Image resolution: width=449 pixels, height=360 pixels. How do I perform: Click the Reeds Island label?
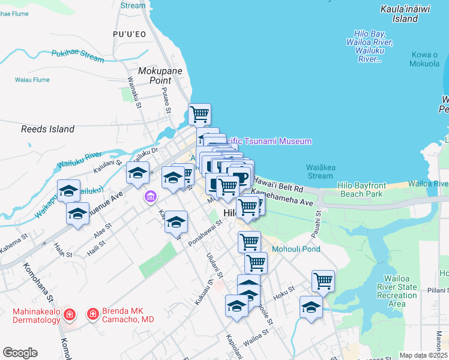pyautogui.click(x=47, y=129)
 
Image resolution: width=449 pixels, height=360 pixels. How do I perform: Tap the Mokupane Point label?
pyautogui.click(x=155, y=75)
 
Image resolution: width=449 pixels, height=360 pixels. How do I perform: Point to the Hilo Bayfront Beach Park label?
pyautogui.click(x=360, y=190)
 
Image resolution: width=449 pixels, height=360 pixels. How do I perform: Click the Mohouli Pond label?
pyautogui.click(x=296, y=249)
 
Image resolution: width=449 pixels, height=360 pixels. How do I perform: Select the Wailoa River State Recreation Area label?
pyautogui.click(x=397, y=291)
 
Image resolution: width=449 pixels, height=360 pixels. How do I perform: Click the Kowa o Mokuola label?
pyautogui.click(x=424, y=59)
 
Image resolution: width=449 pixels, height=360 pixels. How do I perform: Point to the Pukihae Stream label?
pyautogui.click(x=77, y=56)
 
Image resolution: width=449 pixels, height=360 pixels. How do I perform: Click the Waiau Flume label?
pyautogui.click(x=31, y=79)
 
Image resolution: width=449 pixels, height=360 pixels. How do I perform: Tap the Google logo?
pyautogui.click(x=20, y=353)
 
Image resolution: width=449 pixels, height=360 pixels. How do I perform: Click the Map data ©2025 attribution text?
pyautogui.click(x=423, y=355)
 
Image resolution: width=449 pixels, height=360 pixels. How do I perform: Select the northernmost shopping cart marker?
pyautogui.click(x=199, y=113)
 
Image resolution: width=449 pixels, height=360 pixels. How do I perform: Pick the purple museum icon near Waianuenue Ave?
pyautogui.click(x=150, y=196)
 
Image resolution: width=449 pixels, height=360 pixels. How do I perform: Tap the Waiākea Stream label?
pyautogui.click(x=319, y=172)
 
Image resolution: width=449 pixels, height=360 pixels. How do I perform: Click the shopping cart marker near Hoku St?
pyautogui.click(x=323, y=280)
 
